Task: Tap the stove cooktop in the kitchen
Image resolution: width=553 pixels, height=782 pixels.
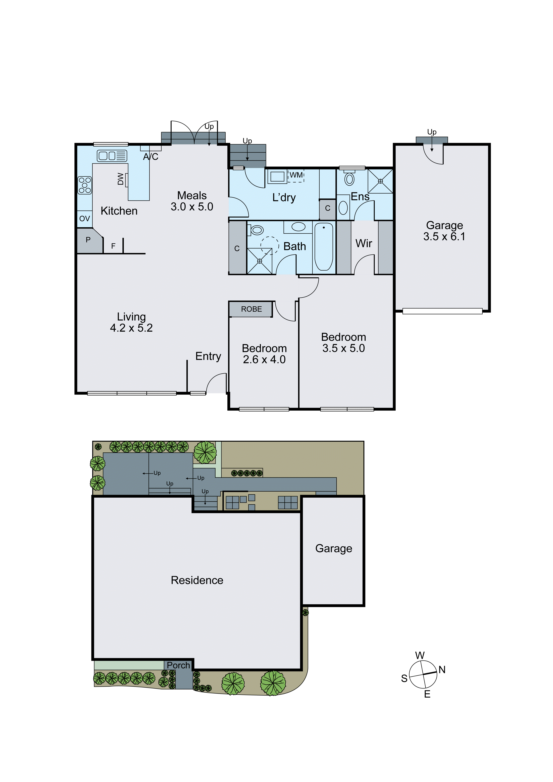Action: tap(84, 185)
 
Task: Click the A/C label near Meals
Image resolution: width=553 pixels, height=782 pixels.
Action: tap(151, 157)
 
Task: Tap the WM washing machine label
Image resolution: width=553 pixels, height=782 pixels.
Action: tap(296, 175)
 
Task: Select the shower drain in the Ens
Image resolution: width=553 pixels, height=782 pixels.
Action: tap(380, 181)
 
